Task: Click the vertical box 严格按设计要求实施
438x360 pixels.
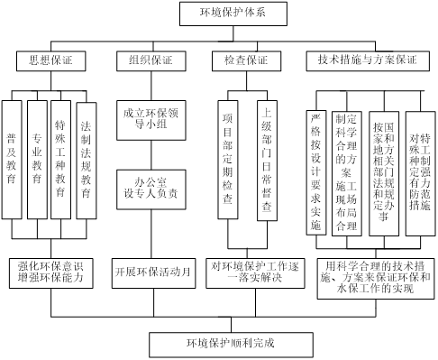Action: [315, 171]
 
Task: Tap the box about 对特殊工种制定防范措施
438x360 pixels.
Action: [420, 171]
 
